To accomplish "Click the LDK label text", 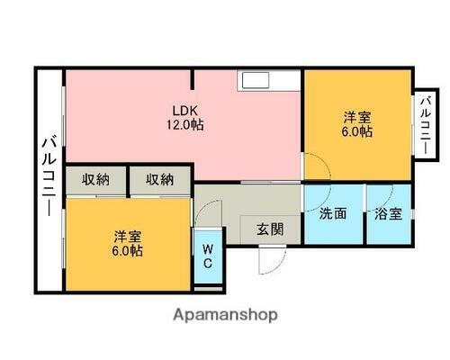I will [x=184, y=111].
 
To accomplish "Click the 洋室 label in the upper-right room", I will [x=357, y=117].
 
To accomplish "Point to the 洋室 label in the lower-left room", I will [x=127, y=236].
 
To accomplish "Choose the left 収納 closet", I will [x=95, y=179].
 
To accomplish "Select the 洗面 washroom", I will [x=333, y=215].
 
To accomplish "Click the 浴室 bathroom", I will [x=389, y=215].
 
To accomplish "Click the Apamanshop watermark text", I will [x=225, y=315].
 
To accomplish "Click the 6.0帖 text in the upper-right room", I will [x=357, y=132].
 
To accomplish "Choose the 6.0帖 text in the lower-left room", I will [x=127, y=251].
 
